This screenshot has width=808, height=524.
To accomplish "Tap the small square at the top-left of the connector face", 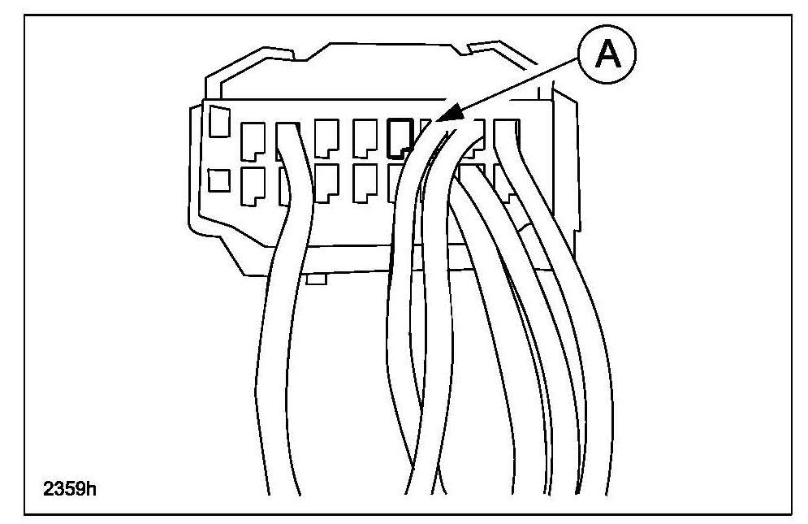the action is click(x=218, y=121).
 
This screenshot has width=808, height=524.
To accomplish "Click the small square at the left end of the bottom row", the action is click(x=218, y=180).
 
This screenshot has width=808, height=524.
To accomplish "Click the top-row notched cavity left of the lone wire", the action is click(x=253, y=139).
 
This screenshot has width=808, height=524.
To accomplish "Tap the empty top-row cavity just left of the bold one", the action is click(x=364, y=137).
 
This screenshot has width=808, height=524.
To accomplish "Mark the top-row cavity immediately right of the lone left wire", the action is click(x=326, y=138).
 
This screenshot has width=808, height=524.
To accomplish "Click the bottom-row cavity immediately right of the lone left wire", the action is click(x=326, y=184).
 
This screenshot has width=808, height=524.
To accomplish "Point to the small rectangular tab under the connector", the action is click(x=317, y=279).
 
